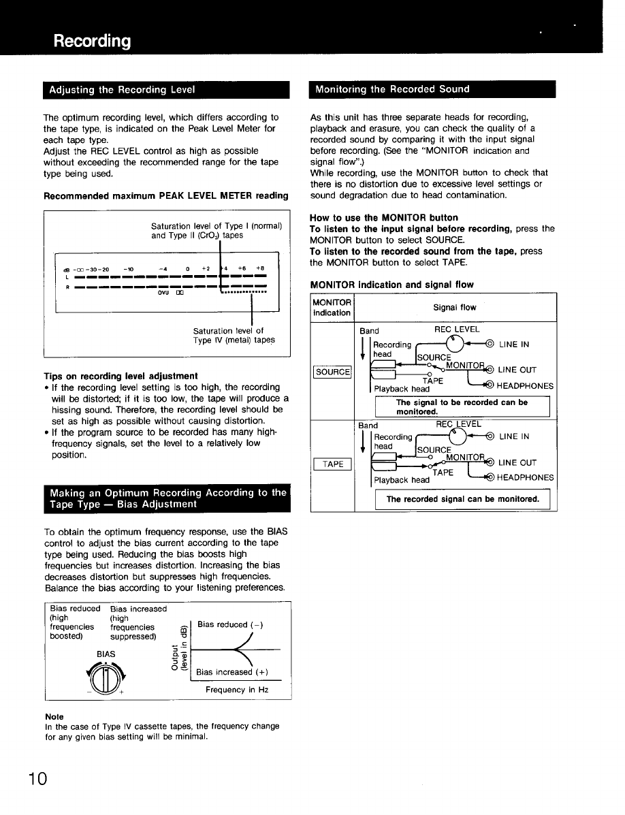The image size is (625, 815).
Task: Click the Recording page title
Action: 93,42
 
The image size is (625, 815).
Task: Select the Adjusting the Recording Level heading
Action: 123,90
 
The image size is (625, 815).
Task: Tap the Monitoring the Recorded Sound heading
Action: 389,89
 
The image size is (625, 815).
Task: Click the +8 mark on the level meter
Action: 260,268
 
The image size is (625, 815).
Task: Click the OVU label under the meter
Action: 163,293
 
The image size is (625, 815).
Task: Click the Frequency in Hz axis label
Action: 237,690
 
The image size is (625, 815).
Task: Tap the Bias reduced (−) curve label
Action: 229,624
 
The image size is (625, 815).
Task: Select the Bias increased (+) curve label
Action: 232,672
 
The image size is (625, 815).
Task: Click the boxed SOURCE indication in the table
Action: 332,372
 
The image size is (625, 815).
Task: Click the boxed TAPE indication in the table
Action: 332,464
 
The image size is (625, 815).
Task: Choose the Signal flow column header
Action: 455,308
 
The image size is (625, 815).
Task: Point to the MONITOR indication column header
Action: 332,307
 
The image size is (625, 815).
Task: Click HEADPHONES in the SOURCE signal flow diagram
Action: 524,385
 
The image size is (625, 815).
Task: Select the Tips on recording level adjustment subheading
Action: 121,375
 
